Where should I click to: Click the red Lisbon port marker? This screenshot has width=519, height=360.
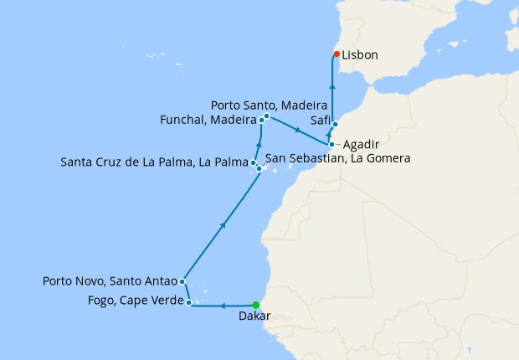337,54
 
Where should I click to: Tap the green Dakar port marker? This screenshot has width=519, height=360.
256,306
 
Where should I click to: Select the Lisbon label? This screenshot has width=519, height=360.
360,55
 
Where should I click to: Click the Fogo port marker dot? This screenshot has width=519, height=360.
191,301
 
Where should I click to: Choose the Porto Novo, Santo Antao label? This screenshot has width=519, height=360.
110,281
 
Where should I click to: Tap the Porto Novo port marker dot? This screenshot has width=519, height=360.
182,281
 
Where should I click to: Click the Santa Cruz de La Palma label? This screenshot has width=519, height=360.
154,161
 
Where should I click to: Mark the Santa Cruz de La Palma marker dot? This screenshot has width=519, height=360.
253,162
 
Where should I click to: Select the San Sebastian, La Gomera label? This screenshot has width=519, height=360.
337,157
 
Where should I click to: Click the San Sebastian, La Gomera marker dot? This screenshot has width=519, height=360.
259,169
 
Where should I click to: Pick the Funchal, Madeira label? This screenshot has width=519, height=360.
207,120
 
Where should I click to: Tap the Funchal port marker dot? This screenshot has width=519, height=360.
261,121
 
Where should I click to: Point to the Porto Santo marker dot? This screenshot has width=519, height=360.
266,116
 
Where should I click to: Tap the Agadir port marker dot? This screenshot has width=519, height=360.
331,144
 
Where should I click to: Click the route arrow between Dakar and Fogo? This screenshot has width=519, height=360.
224,306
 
